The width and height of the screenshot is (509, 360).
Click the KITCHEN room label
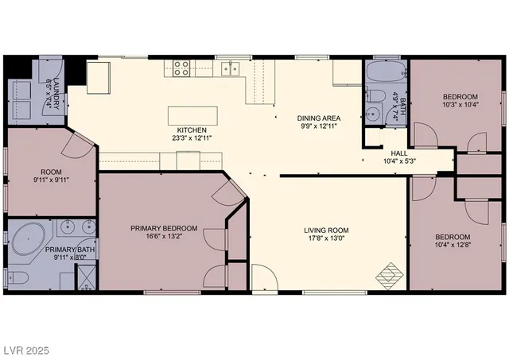tap(192, 130)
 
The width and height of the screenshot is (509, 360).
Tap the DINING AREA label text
tap(319, 117)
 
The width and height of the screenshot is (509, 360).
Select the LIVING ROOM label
tap(326, 230)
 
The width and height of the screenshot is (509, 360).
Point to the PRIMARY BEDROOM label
tap(164, 227)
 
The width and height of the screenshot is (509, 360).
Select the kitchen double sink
tap(231, 69)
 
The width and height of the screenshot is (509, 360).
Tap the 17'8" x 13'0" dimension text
tap(326, 239)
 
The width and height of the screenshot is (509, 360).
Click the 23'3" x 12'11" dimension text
tap(192, 138)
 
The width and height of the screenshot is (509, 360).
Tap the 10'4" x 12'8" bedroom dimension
tap(452, 246)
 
